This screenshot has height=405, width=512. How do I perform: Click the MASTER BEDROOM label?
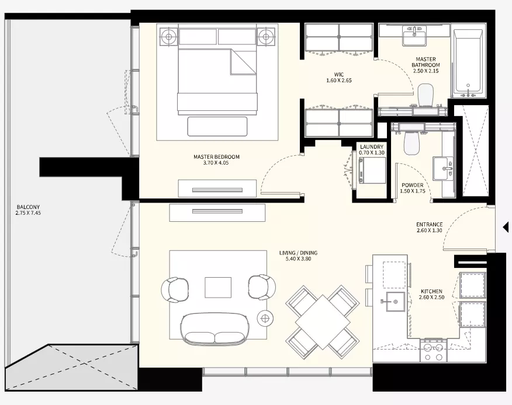216,157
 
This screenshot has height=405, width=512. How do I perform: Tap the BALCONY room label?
28,207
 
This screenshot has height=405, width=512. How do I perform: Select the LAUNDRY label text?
372,147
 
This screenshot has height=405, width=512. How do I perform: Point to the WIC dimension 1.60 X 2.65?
339,81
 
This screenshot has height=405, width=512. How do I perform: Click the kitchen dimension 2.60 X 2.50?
431,298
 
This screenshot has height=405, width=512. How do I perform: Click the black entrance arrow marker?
506,227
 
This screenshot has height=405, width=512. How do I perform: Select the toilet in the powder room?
411,141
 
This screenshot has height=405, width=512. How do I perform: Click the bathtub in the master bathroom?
468,61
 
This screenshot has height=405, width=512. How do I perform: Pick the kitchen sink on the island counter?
395,301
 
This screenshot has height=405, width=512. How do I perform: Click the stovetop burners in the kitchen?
433,351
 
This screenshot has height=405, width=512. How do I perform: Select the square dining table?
322,322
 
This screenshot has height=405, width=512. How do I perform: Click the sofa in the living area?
215,329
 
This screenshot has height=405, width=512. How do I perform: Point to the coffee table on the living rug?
218,287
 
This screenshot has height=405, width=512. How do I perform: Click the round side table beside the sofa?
265,317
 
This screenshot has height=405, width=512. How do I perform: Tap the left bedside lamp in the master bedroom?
169,37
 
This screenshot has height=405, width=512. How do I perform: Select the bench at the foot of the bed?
217,127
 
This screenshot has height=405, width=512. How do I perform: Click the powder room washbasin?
443,168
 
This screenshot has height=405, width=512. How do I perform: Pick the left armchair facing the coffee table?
175,289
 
